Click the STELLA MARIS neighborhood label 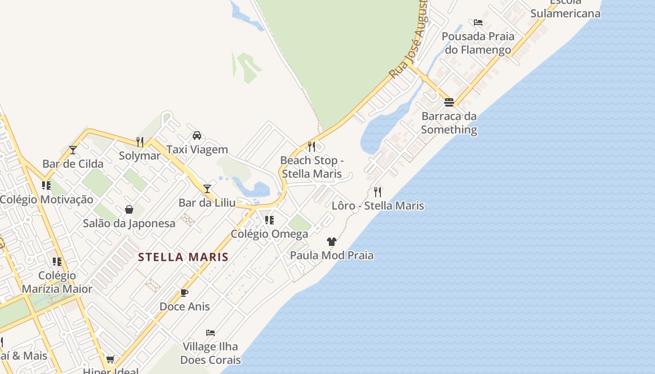[183, 257]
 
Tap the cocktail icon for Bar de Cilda [73, 150]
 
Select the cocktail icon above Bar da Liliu [207, 188]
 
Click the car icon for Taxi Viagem [197, 136]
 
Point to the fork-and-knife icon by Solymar [139, 142]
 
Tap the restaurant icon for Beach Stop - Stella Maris [312, 146]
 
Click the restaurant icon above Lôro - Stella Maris [378, 192]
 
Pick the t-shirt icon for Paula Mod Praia [332, 242]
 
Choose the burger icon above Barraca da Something [449, 102]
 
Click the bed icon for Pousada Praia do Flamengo [478, 22]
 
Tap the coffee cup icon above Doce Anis [184, 293]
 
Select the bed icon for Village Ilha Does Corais [211, 333]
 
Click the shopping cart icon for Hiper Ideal [110, 359]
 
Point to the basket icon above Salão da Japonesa [129, 209]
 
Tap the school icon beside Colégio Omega [269, 220]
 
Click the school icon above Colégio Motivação [46, 186]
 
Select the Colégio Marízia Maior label [57, 282]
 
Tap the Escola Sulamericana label [565, 9]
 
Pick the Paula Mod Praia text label [332, 255]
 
